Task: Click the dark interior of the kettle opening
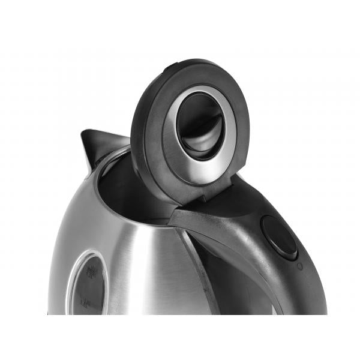pyautogui.click(x=129, y=192)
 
